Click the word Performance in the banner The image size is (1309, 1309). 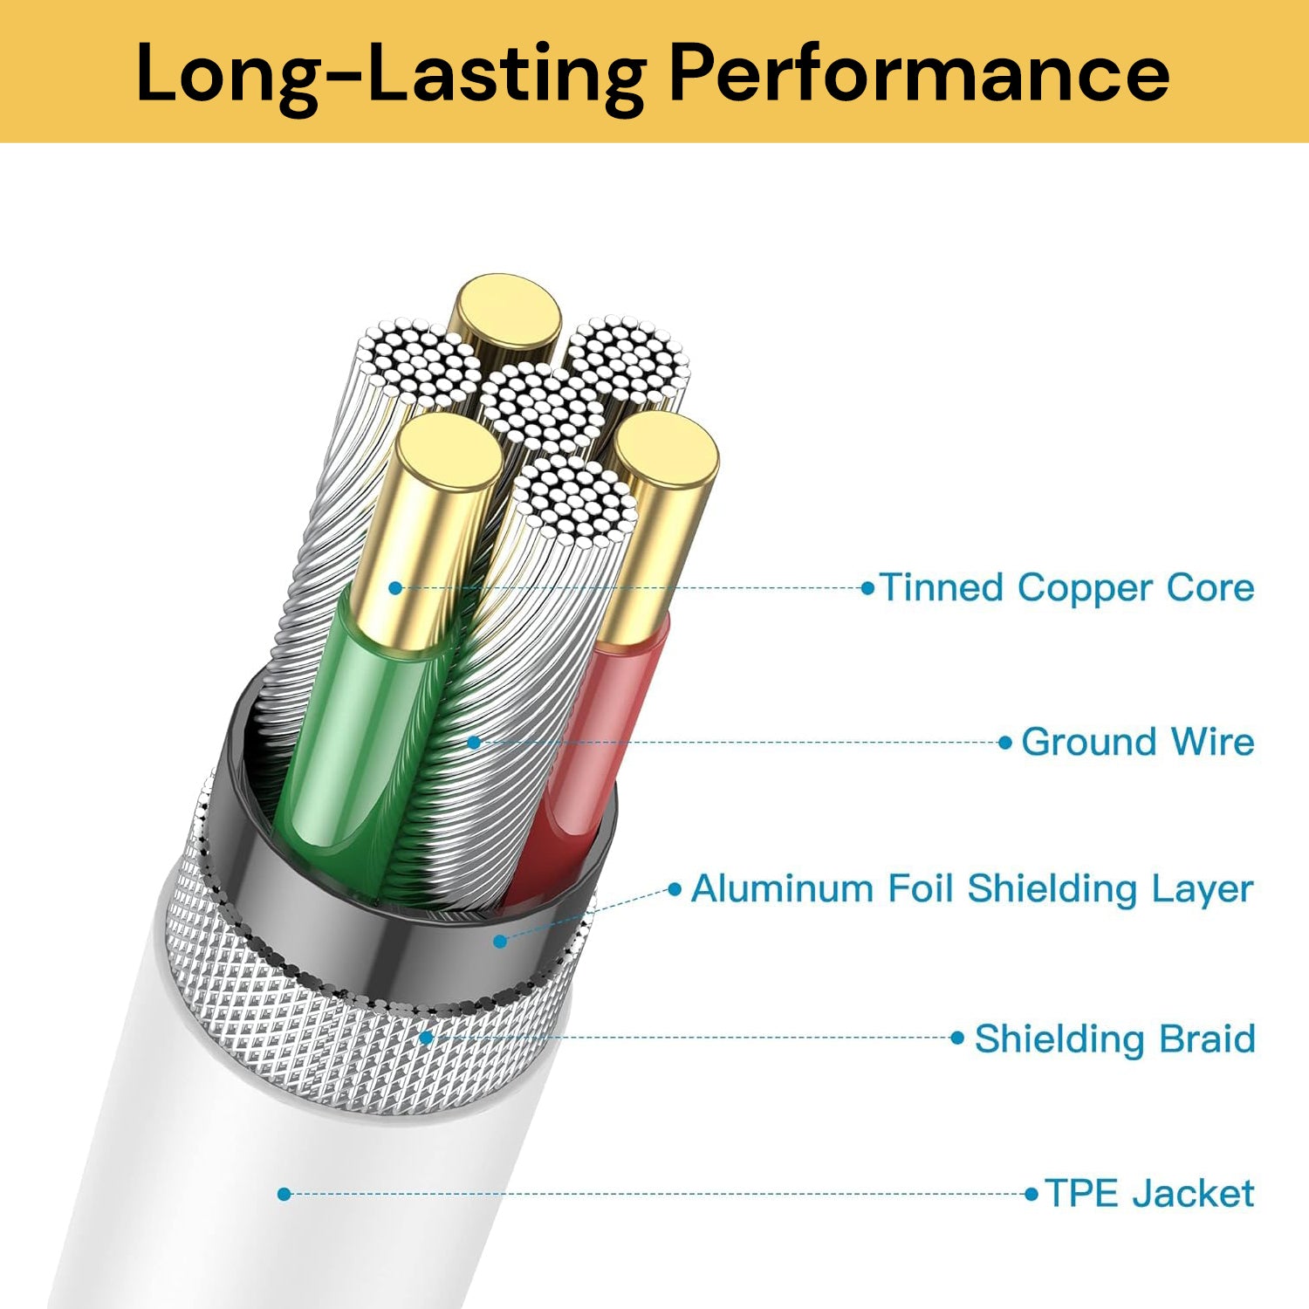919,73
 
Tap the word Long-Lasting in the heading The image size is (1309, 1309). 391,73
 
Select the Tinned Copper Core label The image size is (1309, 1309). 1066,587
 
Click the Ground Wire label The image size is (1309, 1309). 1137,742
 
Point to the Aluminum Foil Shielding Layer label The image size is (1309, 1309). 972,888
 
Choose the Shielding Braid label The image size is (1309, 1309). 1114,1038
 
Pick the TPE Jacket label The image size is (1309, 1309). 1149,1193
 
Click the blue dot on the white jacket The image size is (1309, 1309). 284,1194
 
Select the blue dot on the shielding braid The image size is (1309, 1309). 426,1038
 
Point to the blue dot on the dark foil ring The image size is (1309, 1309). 500,942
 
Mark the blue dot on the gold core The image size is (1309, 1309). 395,588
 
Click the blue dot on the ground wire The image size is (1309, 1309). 474,743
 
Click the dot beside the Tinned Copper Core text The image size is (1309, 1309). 867,588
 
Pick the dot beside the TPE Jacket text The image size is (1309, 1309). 1032,1194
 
